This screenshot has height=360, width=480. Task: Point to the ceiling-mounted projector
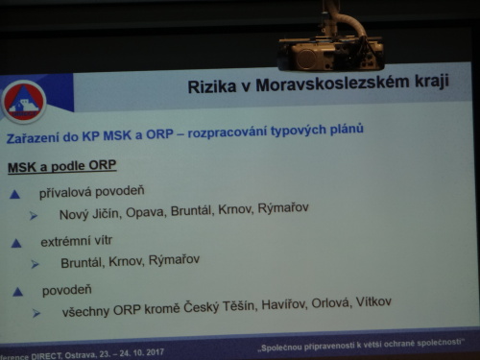coord(330,51)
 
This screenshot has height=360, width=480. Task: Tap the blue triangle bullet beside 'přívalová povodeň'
coord(14,195)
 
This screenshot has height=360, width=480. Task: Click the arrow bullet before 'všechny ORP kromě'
coord(35,313)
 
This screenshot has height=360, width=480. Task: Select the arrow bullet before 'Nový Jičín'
coord(36,215)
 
